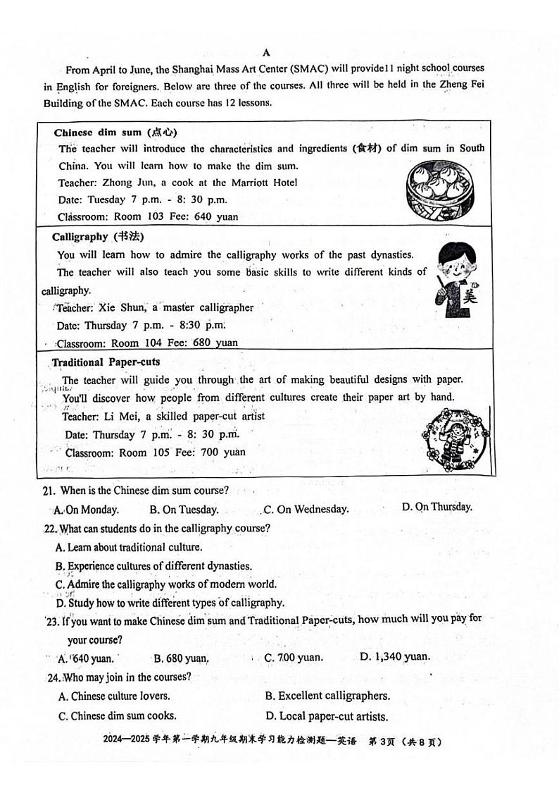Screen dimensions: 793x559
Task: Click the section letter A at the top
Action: pos(266,52)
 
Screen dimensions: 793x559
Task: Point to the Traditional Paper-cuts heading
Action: pos(106,362)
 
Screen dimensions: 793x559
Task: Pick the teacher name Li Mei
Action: pos(123,417)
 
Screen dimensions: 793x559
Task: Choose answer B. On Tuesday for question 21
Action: pos(184,509)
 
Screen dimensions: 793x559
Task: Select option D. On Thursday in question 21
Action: pos(436,507)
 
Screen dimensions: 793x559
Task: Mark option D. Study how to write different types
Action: pos(170,603)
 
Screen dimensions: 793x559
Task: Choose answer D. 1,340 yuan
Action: pos(394,656)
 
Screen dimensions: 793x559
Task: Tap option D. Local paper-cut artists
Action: pos(326,716)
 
